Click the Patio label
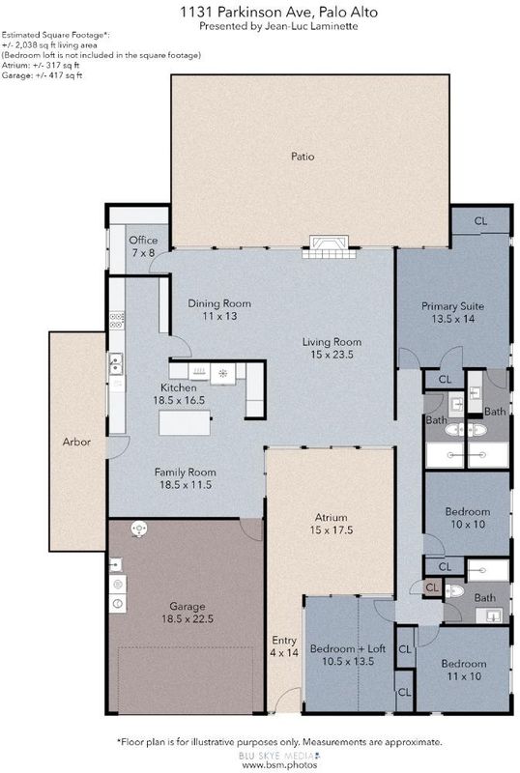tap(303, 157)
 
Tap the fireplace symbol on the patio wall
tap(329, 247)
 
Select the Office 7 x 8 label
tap(143, 246)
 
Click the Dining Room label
tap(219, 303)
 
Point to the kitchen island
tap(185, 423)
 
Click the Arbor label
tap(76, 443)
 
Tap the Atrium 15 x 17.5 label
tap(332, 524)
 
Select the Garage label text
tap(187, 607)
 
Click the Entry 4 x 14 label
tap(284, 646)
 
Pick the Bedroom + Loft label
tap(348, 648)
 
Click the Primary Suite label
tap(452, 306)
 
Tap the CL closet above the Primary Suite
tap(480, 221)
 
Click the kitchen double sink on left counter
tap(116, 364)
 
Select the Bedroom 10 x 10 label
tap(468, 518)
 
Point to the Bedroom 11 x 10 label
tap(464, 670)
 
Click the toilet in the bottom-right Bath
tap(454, 591)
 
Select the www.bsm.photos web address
tap(279, 764)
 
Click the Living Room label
tap(332, 342)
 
